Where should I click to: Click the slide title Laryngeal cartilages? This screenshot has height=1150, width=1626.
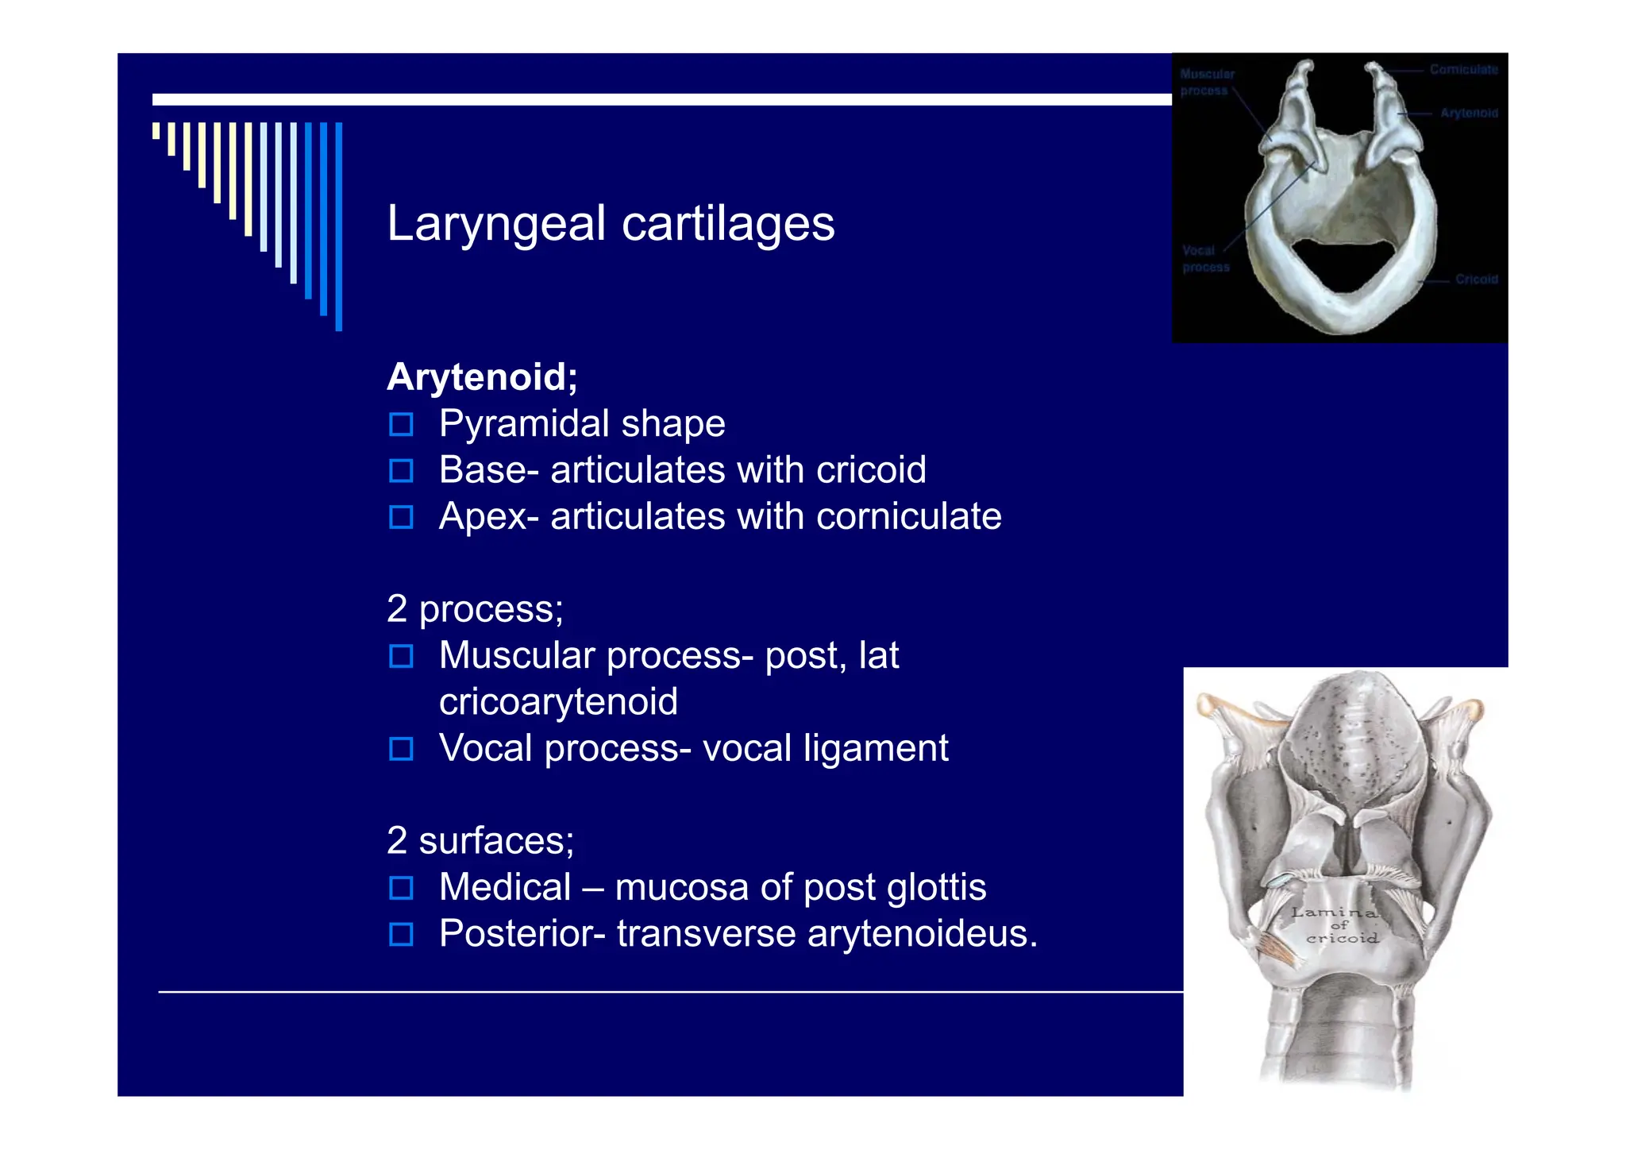pyautogui.click(x=610, y=224)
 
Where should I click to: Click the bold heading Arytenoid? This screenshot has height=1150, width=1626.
pyautogui.click(x=482, y=376)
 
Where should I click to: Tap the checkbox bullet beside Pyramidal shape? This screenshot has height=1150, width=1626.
pyautogui.click(x=401, y=425)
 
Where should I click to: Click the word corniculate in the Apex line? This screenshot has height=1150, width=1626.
pyautogui.click(x=908, y=517)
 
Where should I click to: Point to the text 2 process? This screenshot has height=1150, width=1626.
pyautogui.click(x=475, y=610)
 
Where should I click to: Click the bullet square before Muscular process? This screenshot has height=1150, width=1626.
pyautogui.click(x=401, y=657)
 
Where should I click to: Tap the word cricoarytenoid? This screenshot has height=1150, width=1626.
pyautogui.click(x=558, y=702)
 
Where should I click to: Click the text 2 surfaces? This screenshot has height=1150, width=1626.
pyautogui.click(x=480, y=841)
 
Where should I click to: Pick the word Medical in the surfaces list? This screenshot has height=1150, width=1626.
pyautogui.click(x=505, y=887)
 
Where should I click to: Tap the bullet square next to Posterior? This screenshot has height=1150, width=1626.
pyautogui.click(x=401, y=935)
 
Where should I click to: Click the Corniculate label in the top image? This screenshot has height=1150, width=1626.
pyautogui.click(x=1463, y=70)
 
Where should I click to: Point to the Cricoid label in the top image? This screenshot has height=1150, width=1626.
pyautogui.click(x=1476, y=280)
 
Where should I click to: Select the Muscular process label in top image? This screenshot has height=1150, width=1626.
pyautogui.click(x=1207, y=82)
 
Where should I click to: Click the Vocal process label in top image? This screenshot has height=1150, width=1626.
pyautogui.click(x=1205, y=259)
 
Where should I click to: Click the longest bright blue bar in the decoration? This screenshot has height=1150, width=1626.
pyautogui.click(x=339, y=226)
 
